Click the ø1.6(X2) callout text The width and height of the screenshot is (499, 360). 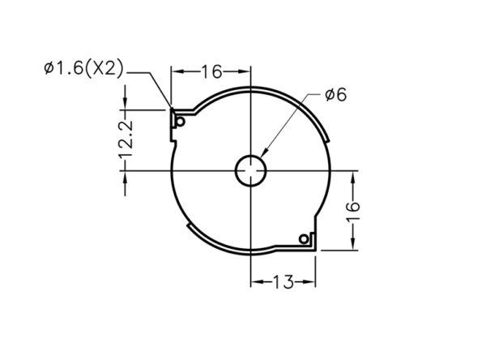(83, 68)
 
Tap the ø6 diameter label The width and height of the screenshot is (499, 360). (336, 95)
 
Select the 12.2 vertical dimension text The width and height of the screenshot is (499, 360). (126, 139)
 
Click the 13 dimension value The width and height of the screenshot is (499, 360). (284, 281)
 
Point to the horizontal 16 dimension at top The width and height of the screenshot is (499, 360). (211, 71)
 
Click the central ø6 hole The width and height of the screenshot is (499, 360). (251, 170)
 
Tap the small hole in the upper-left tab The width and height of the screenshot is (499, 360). (181, 122)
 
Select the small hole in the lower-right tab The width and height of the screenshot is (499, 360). (304, 238)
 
